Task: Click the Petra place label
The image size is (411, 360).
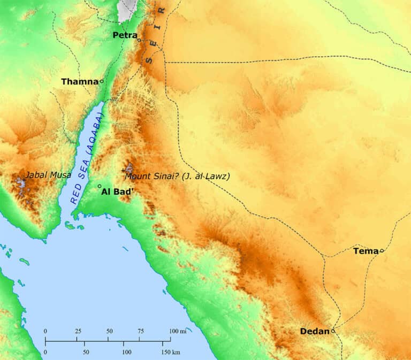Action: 124,35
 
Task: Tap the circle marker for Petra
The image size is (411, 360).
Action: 139,40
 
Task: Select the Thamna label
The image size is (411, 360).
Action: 80,82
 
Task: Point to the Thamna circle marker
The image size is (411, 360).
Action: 102,81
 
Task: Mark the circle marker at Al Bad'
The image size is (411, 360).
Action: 100,186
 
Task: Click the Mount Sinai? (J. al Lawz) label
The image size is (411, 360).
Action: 177,175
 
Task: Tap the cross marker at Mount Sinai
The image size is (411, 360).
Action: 124,170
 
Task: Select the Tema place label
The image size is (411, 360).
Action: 366,250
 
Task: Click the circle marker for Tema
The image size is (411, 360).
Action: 382,250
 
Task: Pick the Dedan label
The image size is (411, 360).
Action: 315,332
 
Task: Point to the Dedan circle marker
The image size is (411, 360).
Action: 333,331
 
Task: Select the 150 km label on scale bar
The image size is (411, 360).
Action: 170,353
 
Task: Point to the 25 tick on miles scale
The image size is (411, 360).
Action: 78,332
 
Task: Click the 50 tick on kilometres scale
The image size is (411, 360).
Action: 86,353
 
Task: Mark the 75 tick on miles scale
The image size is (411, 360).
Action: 141,332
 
